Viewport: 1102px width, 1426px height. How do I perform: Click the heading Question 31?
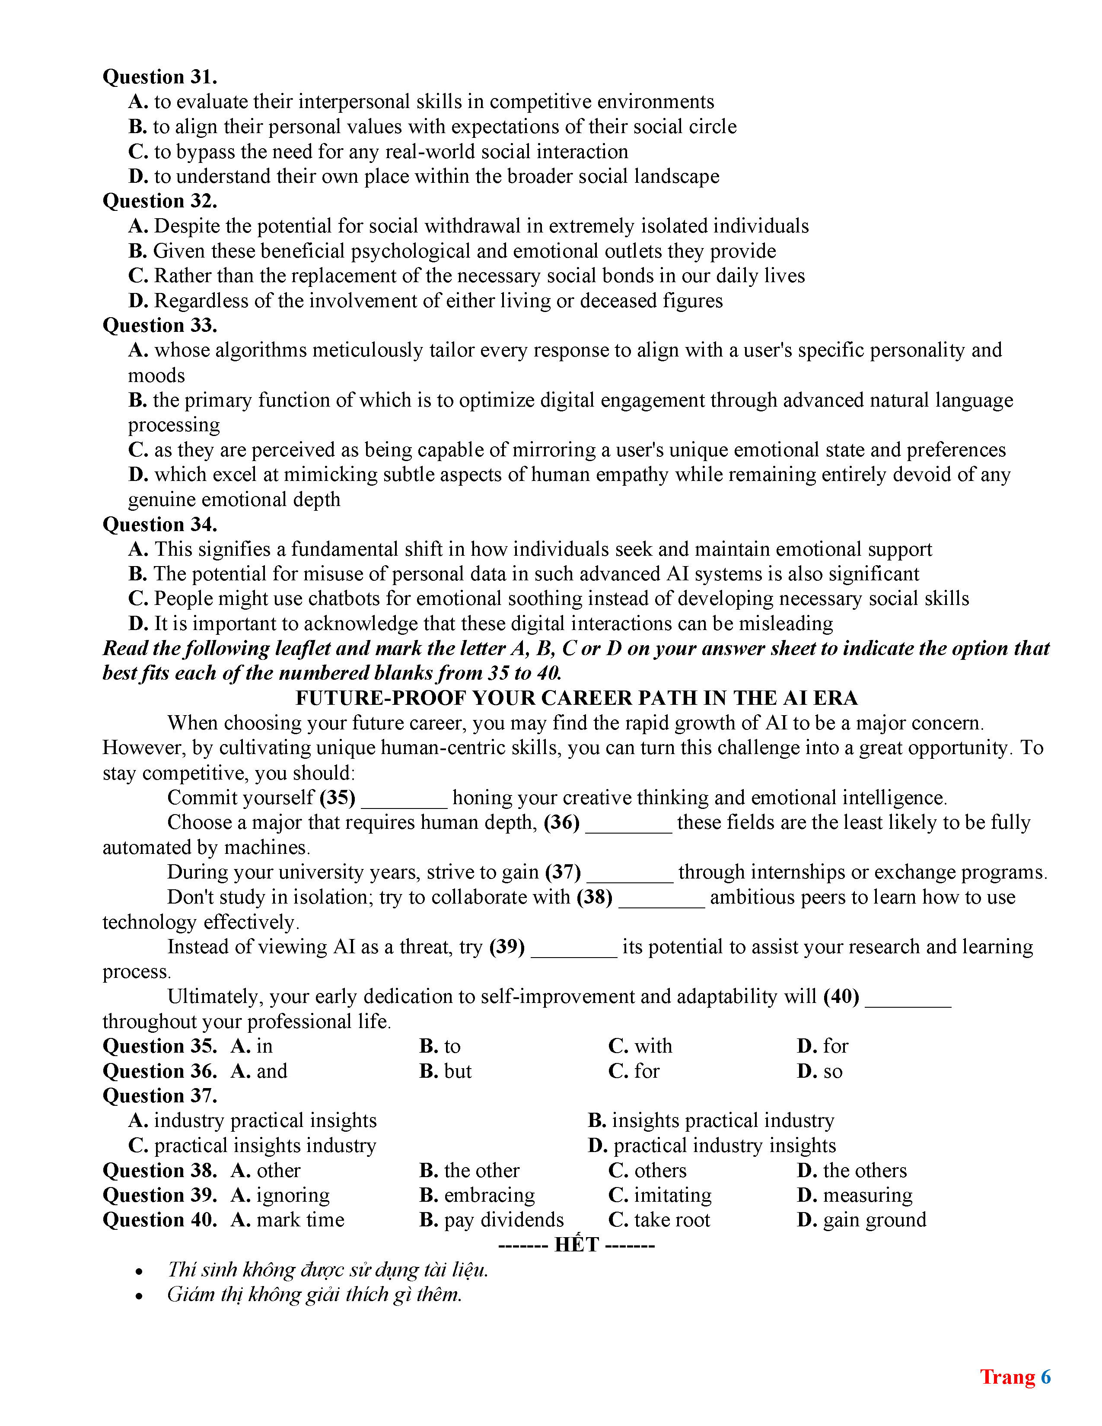click(160, 77)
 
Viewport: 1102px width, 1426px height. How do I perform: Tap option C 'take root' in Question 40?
click(659, 1220)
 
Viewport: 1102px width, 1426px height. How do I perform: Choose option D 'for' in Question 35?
click(822, 1046)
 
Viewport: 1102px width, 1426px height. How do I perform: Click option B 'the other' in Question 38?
click(469, 1170)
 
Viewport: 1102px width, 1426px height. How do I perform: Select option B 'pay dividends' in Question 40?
click(492, 1220)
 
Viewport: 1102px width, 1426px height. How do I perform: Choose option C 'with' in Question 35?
click(640, 1046)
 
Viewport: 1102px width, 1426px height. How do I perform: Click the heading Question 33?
click(160, 325)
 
